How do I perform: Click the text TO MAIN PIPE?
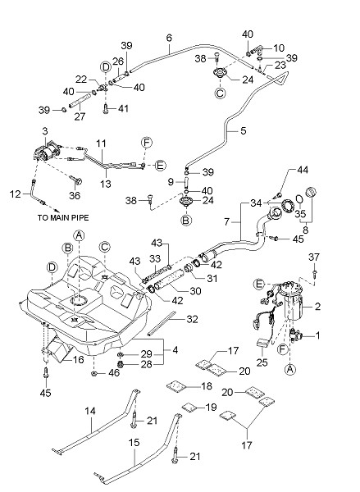pyautogui.click(x=63, y=217)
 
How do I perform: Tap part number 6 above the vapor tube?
pyautogui.click(x=169, y=38)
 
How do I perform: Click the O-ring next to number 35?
pyautogui.click(x=299, y=199)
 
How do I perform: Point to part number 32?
pyautogui.click(x=192, y=319)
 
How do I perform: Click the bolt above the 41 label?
pyautogui.click(x=105, y=108)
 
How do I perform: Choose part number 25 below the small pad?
pyautogui.click(x=262, y=362)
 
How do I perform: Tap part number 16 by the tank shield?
pyautogui.click(x=78, y=359)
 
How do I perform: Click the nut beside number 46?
pyautogui.click(x=93, y=373)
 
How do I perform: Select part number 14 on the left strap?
pyautogui.click(x=90, y=411)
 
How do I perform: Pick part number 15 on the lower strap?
pyautogui.click(x=134, y=443)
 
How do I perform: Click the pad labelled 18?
pyautogui.click(x=175, y=386)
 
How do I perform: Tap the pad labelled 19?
pyautogui.click(x=189, y=407)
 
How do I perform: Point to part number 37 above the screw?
pyautogui.click(x=314, y=257)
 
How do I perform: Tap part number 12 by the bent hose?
pyautogui.click(x=15, y=194)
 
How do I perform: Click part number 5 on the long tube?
pyautogui.click(x=244, y=130)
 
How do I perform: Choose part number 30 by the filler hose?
pyautogui.click(x=195, y=291)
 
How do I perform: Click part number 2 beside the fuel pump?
pyautogui.click(x=317, y=306)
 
